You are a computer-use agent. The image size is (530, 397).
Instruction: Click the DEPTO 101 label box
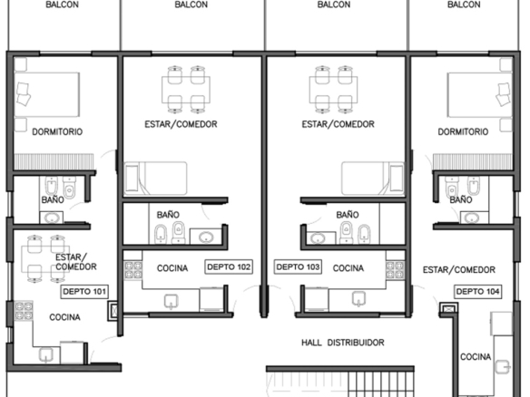(x=84, y=292)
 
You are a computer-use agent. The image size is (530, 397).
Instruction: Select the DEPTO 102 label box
(x=229, y=267)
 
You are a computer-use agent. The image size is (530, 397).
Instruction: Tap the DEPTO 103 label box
(x=298, y=267)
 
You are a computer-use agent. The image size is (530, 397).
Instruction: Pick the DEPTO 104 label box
(x=477, y=292)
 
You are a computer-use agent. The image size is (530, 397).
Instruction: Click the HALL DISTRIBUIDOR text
(x=343, y=343)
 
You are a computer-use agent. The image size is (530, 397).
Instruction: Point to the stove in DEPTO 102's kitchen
(x=132, y=270)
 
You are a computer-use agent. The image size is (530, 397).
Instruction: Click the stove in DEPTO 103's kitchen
(x=395, y=270)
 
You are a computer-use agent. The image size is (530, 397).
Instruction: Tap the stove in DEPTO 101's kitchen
(x=24, y=311)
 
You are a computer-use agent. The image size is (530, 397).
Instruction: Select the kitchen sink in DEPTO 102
(x=171, y=302)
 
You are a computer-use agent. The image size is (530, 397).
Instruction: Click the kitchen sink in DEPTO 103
(x=358, y=299)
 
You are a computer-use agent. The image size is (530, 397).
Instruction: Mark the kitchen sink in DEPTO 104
(x=503, y=366)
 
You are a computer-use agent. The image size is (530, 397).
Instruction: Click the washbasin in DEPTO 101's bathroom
(x=52, y=218)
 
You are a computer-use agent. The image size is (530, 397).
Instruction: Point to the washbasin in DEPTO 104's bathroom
(x=471, y=218)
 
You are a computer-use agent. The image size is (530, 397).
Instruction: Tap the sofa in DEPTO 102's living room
(x=155, y=179)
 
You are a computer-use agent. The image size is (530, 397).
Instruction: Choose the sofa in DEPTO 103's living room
(x=373, y=179)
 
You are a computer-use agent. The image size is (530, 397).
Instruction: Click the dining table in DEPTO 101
(x=45, y=259)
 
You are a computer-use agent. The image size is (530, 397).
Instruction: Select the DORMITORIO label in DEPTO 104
(x=463, y=131)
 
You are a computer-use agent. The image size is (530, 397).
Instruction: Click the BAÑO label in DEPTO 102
(x=168, y=215)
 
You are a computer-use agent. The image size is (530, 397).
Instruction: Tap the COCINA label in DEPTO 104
(x=476, y=357)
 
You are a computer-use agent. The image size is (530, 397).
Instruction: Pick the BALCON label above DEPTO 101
(x=63, y=5)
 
